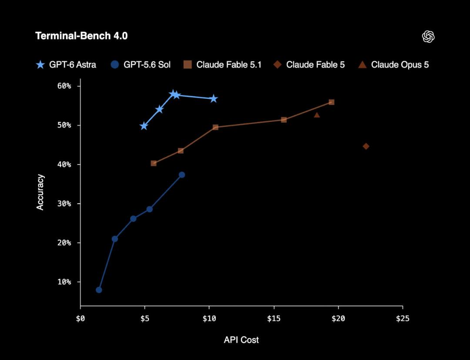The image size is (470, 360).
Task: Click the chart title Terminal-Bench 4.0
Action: coord(81,36)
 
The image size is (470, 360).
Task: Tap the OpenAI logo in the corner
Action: coord(428,37)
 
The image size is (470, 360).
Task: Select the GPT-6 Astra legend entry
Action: coord(66,65)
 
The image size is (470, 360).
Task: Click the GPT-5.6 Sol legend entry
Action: coord(140,65)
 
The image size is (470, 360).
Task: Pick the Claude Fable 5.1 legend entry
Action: coord(222,65)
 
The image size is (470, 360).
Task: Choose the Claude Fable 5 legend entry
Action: coord(309,65)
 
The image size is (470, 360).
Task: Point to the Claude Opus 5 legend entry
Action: coord(393,65)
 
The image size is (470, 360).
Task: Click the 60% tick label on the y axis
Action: coord(64,86)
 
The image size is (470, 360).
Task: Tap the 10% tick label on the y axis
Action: coord(64,282)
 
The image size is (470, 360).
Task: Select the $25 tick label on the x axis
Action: coord(403,318)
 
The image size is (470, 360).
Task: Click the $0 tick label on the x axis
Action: coord(81,318)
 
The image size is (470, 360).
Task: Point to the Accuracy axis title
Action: coord(40,192)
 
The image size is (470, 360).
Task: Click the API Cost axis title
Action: coord(241,340)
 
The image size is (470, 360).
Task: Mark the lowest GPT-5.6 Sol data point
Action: coord(99,290)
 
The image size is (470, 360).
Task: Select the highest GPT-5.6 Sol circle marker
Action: coord(181,175)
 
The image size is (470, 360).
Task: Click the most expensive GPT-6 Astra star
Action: coord(213,99)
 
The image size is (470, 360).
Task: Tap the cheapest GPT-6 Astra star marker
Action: coord(144,126)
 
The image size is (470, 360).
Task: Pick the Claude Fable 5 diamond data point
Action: coord(366,146)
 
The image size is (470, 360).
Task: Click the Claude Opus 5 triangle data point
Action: coord(317,115)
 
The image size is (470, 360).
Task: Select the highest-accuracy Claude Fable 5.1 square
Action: coord(332,102)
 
